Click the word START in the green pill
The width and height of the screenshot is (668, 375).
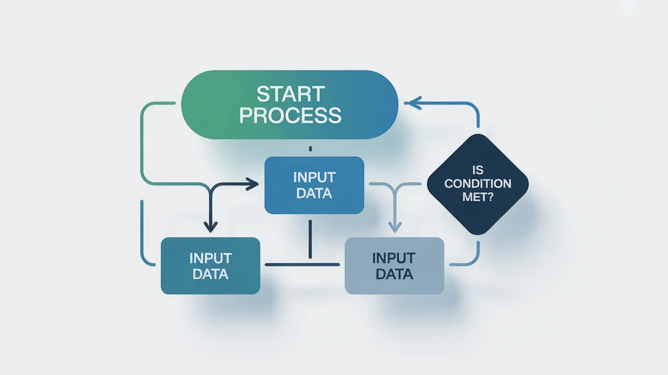(290, 94)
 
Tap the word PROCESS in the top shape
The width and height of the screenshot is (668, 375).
(290, 116)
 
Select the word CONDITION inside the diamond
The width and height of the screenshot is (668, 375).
(478, 183)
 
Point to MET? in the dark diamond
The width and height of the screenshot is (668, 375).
(478, 197)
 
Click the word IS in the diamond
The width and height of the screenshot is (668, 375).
(478, 171)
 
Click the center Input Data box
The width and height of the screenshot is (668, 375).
(314, 184)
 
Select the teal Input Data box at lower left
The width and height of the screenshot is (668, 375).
(210, 265)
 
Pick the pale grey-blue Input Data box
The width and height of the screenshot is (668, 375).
(394, 265)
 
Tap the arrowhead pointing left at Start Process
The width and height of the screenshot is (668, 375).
(411, 103)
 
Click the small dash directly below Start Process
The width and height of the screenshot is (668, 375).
(310, 149)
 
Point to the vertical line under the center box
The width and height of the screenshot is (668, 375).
(310, 239)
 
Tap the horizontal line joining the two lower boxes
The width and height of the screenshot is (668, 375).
(302, 264)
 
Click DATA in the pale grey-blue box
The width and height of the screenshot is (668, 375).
(394, 274)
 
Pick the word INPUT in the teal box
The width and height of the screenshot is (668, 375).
(210, 258)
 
